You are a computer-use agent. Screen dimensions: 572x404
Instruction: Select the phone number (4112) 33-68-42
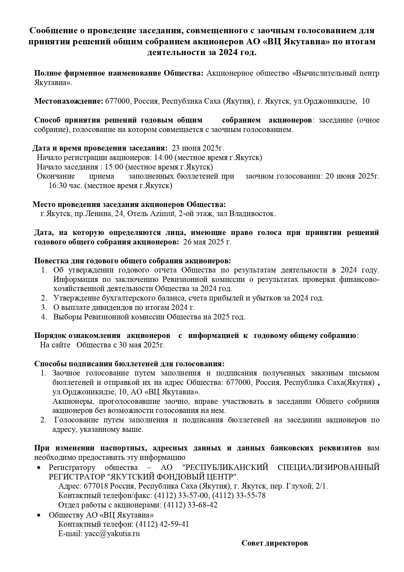point(190,505)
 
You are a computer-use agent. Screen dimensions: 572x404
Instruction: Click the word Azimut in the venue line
point(161,214)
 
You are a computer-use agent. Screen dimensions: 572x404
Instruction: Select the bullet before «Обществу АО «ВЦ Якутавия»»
point(39,515)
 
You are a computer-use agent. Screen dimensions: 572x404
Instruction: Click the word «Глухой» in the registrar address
point(296,486)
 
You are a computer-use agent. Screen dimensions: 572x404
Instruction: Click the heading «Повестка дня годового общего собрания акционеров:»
point(133,261)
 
